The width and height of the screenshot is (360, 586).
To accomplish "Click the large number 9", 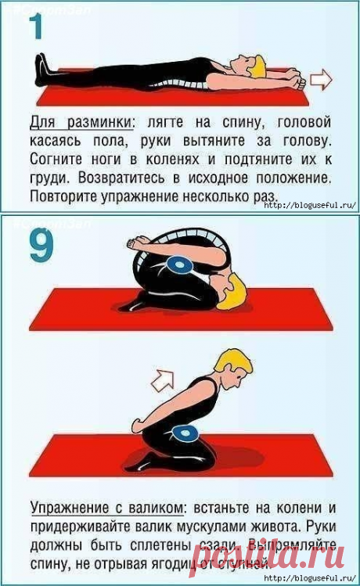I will tap(38, 245).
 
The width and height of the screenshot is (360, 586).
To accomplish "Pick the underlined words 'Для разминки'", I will tap(79, 123).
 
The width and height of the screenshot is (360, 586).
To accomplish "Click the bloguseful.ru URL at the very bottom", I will tap(310, 577).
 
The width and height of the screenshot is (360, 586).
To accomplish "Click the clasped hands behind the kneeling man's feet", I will tap(141, 426).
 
